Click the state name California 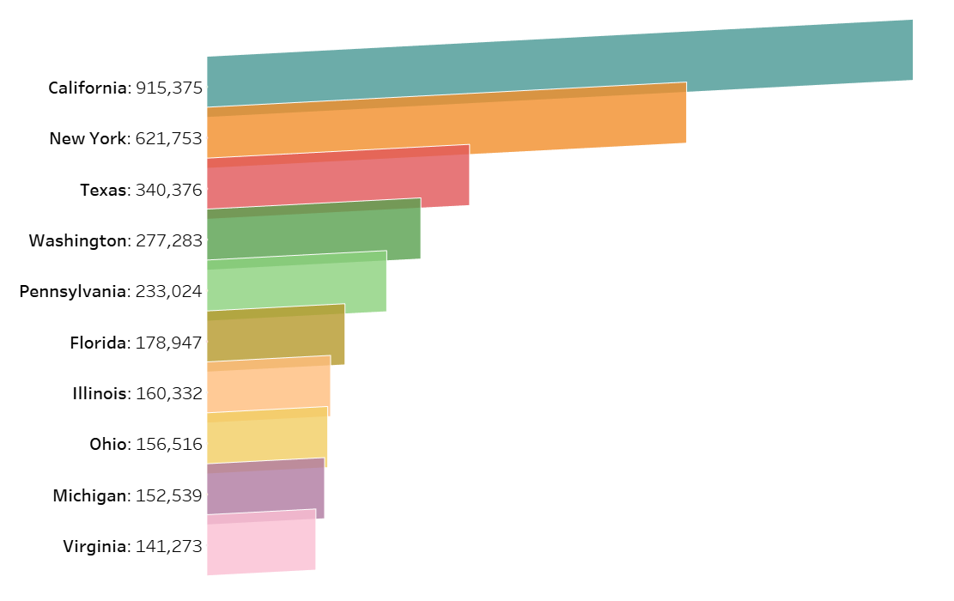[88, 88]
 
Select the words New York [88, 138]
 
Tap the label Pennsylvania [73, 292]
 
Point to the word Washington [78, 240]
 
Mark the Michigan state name [89, 495]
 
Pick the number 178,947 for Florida [169, 343]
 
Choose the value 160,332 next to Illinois [169, 394]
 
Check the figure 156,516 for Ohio [169, 445]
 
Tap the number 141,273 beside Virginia [169, 547]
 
